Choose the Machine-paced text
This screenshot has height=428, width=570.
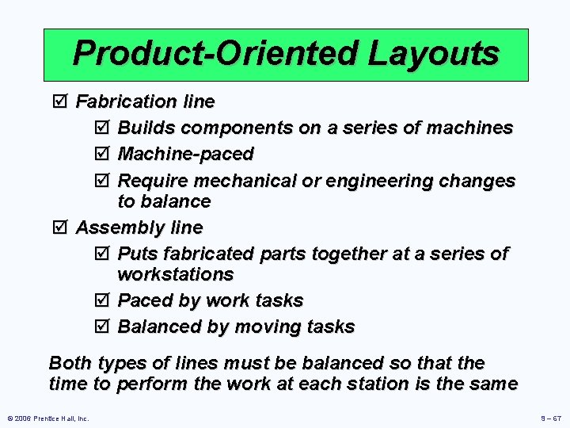pyautogui.click(x=185, y=154)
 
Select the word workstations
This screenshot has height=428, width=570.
pyautogui.click(x=175, y=274)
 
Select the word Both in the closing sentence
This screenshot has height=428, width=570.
pyautogui.click(x=70, y=363)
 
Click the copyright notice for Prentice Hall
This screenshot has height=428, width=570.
pyautogui.click(x=48, y=418)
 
